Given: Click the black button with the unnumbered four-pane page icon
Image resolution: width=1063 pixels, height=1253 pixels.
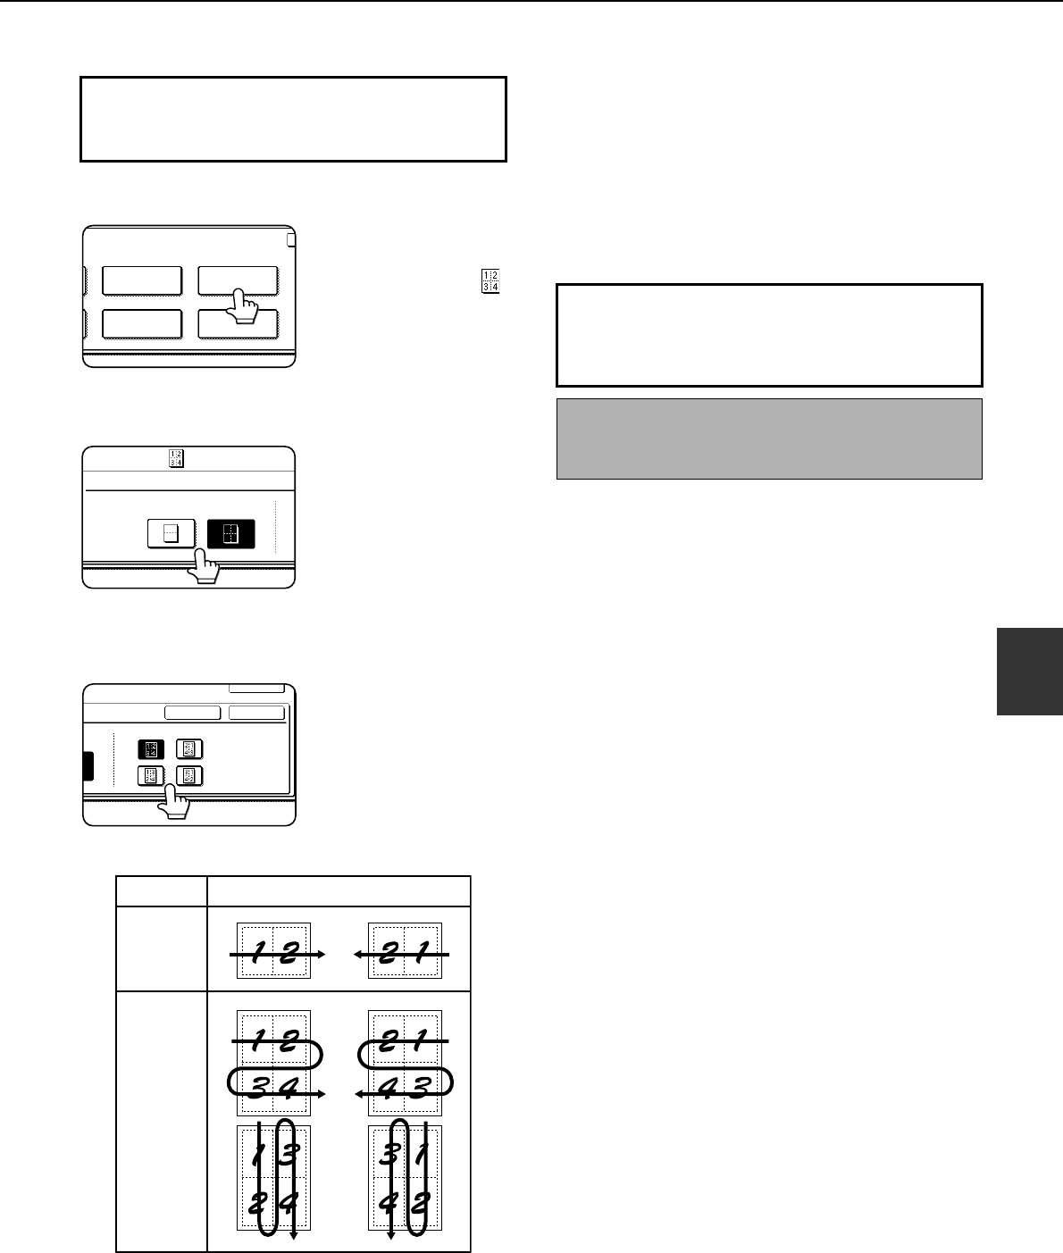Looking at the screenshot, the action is (231, 534).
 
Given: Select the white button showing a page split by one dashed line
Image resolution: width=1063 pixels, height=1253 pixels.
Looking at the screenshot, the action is (172, 534).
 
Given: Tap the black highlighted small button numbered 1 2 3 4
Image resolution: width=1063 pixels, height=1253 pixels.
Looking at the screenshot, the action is (151, 749).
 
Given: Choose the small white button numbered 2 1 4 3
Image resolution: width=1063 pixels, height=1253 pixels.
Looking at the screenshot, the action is (189, 749).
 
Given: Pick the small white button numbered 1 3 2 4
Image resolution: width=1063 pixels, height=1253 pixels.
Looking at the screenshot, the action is (151, 776).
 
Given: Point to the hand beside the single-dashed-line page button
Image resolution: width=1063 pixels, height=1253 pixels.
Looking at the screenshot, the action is (204, 566).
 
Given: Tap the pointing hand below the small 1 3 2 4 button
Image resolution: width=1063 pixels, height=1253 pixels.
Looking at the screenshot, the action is (174, 801).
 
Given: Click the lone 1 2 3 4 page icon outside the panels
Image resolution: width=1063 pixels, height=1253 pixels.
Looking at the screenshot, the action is (490, 281).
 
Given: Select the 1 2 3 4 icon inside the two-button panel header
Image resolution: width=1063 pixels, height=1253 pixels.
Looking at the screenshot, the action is (177, 458).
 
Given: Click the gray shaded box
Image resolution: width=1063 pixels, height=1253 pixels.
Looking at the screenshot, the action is (769, 439).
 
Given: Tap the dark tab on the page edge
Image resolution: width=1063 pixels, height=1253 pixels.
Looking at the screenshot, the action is (1030, 672).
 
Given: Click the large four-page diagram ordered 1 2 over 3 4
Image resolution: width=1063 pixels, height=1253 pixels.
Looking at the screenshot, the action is (274, 1064).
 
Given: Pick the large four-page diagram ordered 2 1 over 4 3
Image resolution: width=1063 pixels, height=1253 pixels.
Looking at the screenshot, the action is (405, 1064).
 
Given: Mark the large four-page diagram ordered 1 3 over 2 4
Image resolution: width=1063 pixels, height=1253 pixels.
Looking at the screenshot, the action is (274, 1179).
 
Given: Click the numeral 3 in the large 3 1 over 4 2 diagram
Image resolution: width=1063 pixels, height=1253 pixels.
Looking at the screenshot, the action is (389, 1154).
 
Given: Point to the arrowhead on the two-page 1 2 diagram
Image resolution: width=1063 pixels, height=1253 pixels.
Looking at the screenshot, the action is (322, 955).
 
